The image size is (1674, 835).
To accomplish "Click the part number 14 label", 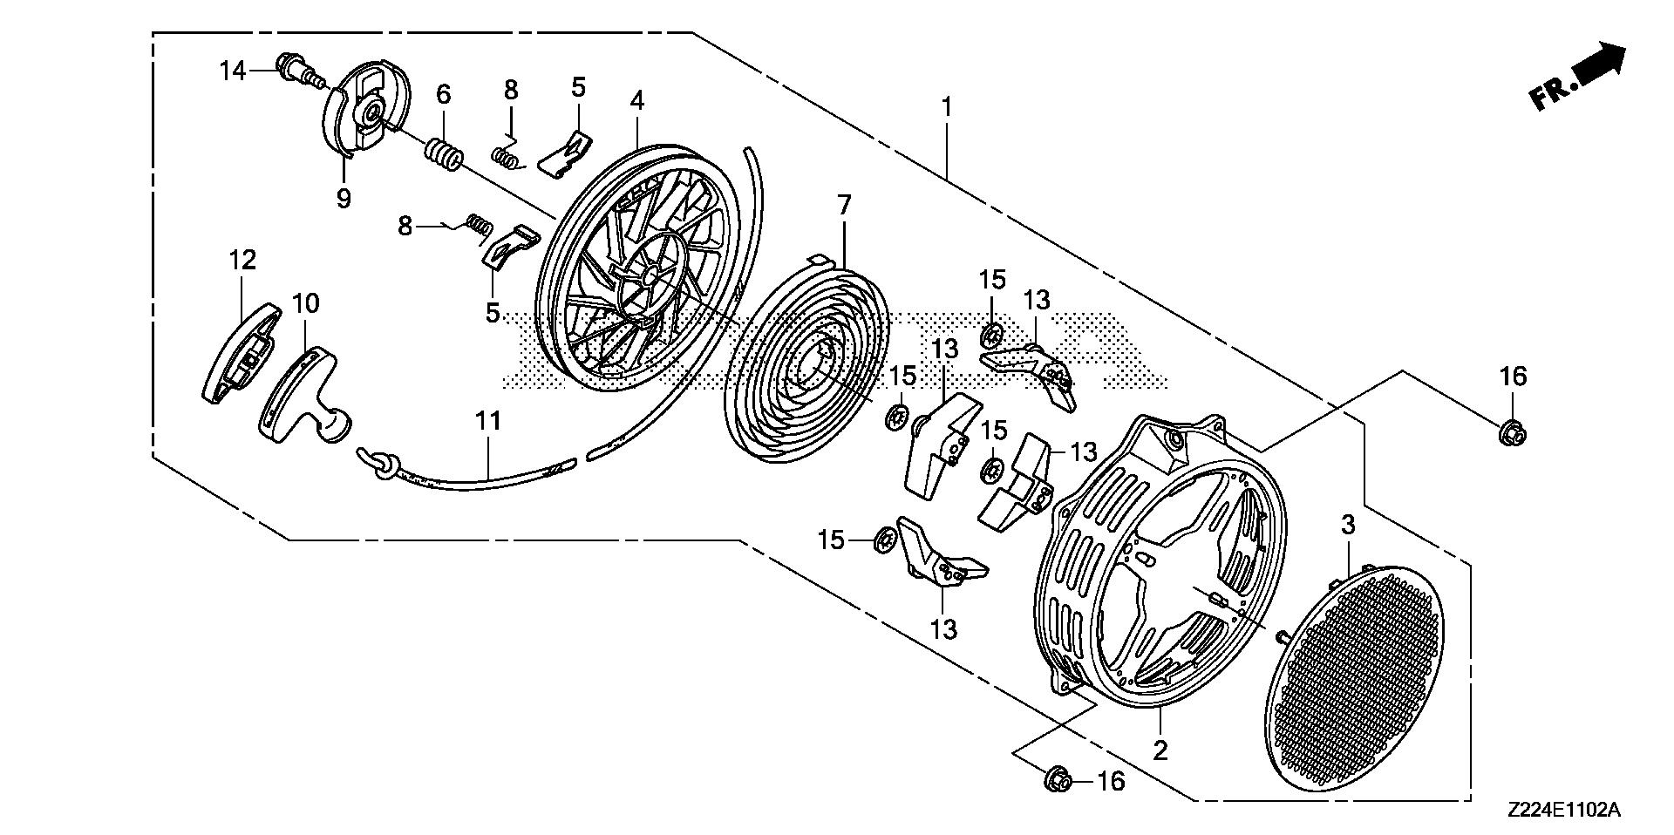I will (x=233, y=70).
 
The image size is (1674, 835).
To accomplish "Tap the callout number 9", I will (x=344, y=198).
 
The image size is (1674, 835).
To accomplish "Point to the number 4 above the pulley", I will (x=637, y=101).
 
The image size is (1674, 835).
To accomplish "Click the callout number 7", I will (x=843, y=206).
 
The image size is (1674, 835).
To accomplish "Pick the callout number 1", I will (x=947, y=107).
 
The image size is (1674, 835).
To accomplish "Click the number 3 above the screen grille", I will (x=1348, y=526).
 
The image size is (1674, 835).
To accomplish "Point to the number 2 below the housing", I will (x=1160, y=750).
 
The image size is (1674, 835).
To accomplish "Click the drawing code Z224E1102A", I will (x=1563, y=811).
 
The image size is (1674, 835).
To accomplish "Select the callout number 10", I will (x=305, y=303).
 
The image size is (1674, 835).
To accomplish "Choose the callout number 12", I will (x=243, y=259).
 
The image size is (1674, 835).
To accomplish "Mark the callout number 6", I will (x=444, y=93).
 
